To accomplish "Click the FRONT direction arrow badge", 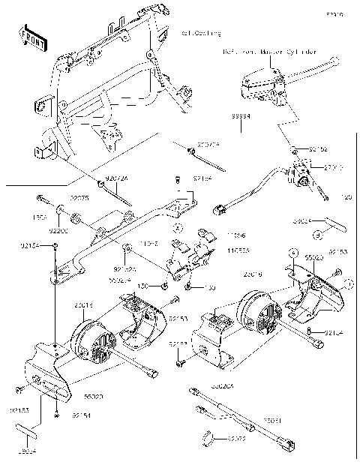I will click(33, 37).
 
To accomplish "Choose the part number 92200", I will click(58, 232).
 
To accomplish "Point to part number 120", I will click(346, 198).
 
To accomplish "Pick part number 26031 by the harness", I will click(271, 422).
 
